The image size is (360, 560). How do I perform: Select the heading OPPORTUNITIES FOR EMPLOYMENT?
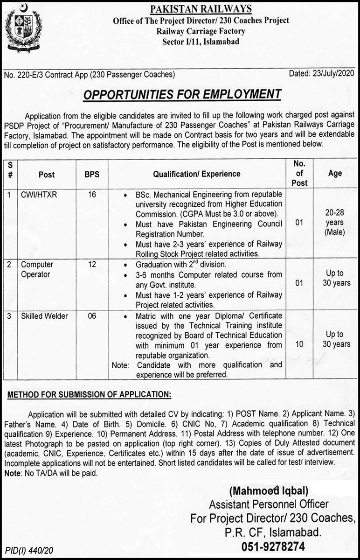(x=182, y=94)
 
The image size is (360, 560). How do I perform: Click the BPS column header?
(x=92, y=174)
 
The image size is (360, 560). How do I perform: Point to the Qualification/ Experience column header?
(x=197, y=174)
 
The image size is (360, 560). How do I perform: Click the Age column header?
(x=334, y=173)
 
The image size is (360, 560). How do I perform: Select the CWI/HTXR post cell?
(x=39, y=195)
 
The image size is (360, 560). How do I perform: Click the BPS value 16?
(x=92, y=195)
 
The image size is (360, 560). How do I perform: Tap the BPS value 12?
(x=92, y=265)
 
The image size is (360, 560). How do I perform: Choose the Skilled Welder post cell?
(x=44, y=316)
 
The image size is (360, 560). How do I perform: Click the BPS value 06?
(x=92, y=316)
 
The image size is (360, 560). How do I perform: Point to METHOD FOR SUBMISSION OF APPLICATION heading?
(x=90, y=395)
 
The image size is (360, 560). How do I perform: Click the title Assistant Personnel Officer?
(x=269, y=504)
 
